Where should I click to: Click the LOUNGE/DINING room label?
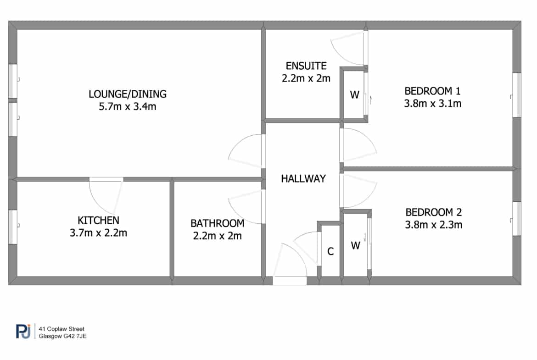(128, 94)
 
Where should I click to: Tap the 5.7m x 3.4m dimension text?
(128, 106)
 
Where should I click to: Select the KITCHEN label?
(98, 220)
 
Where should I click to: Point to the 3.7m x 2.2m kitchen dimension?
(98, 233)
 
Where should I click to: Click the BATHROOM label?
(218, 223)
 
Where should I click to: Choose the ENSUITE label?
(306, 66)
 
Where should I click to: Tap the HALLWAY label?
(303, 179)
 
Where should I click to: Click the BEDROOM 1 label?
(432, 91)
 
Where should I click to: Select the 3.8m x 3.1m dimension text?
(432, 103)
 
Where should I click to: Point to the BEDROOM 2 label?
(434, 212)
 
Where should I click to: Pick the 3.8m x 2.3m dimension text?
(434, 225)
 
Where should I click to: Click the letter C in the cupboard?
(330, 251)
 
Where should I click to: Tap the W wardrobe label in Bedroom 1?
(355, 95)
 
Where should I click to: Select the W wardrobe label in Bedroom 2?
(356, 245)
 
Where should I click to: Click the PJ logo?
(23, 331)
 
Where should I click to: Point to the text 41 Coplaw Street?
(62, 329)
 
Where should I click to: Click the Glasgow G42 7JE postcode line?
(63, 336)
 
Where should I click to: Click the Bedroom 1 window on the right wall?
(517, 95)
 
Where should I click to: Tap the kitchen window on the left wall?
(13, 227)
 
